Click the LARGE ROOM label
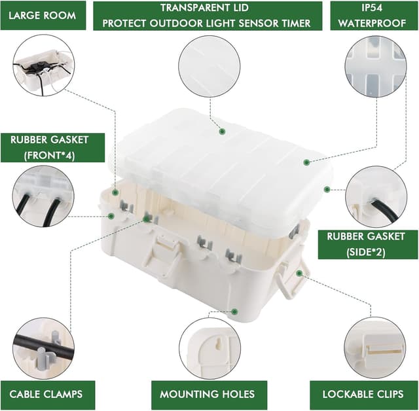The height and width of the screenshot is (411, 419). pyautogui.click(x=43, y=15)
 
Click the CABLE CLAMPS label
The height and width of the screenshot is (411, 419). pyautogui.click(x=46, y=395)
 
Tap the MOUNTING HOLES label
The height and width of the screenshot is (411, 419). pyautogui.click(x=208, y=395)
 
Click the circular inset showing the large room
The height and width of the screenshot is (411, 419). pyautogui.click(x=44, y=65)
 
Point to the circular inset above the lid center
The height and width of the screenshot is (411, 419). pyautogui.click(x=209, y=65)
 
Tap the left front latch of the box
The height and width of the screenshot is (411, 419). pyautogui.click(x=164, y=255)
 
